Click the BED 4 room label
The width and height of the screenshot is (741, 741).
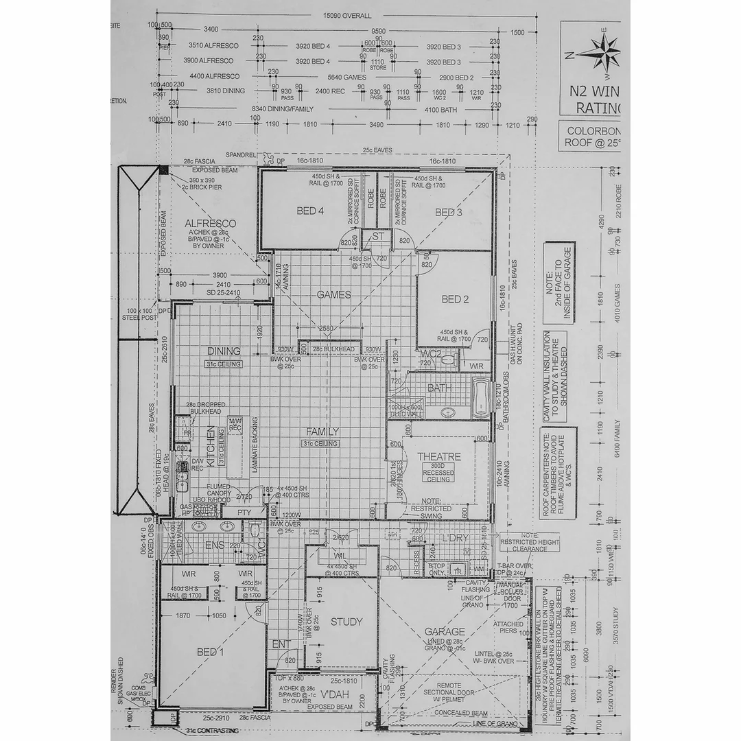[310, 211]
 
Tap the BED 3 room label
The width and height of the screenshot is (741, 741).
[449, 213]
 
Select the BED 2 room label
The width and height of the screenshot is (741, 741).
[455, 299]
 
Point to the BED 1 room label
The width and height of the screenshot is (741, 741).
[211, 652]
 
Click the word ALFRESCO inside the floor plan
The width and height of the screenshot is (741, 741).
[210, 224]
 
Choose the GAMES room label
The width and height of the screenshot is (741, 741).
[334, 295]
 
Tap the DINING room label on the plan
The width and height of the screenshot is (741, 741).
[224, 351]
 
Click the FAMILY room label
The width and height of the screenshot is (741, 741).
[322, 432]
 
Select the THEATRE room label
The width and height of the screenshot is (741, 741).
[439, 457]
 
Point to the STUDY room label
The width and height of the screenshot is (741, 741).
[346, 622]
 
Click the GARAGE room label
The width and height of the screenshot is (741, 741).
[445, 632]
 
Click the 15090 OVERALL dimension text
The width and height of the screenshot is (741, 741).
[347, 16]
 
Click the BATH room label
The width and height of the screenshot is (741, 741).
[439, 388]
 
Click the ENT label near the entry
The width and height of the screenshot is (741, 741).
[281, 644]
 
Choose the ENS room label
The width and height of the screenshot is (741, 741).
[214, 545]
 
